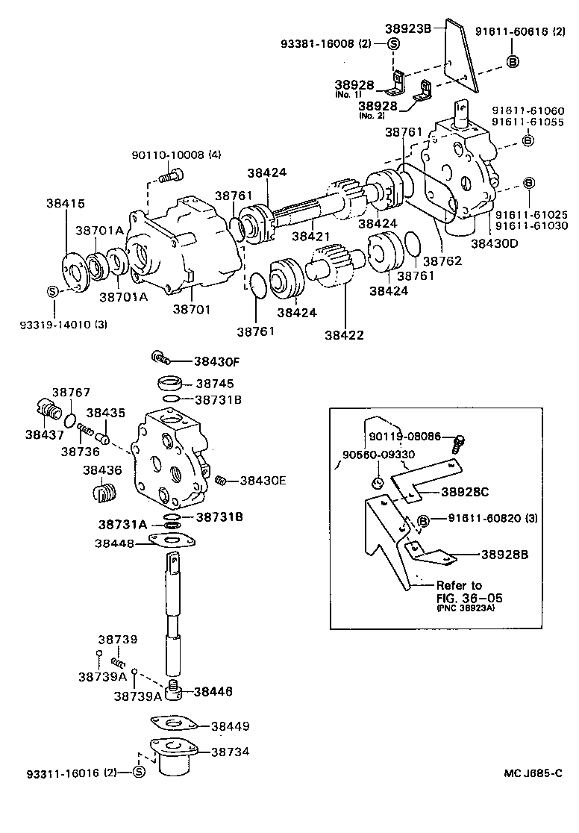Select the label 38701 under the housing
tap(193, 308)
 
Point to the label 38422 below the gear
tap(344, 334)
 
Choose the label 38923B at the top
tap(408, 29)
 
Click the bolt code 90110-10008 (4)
tap(176, 155)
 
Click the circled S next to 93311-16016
tap(138, 772)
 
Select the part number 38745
tap(214, 384)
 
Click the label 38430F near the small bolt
tap(216, 361)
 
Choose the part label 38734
tap(230, 752)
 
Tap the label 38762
tap(442, 261)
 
